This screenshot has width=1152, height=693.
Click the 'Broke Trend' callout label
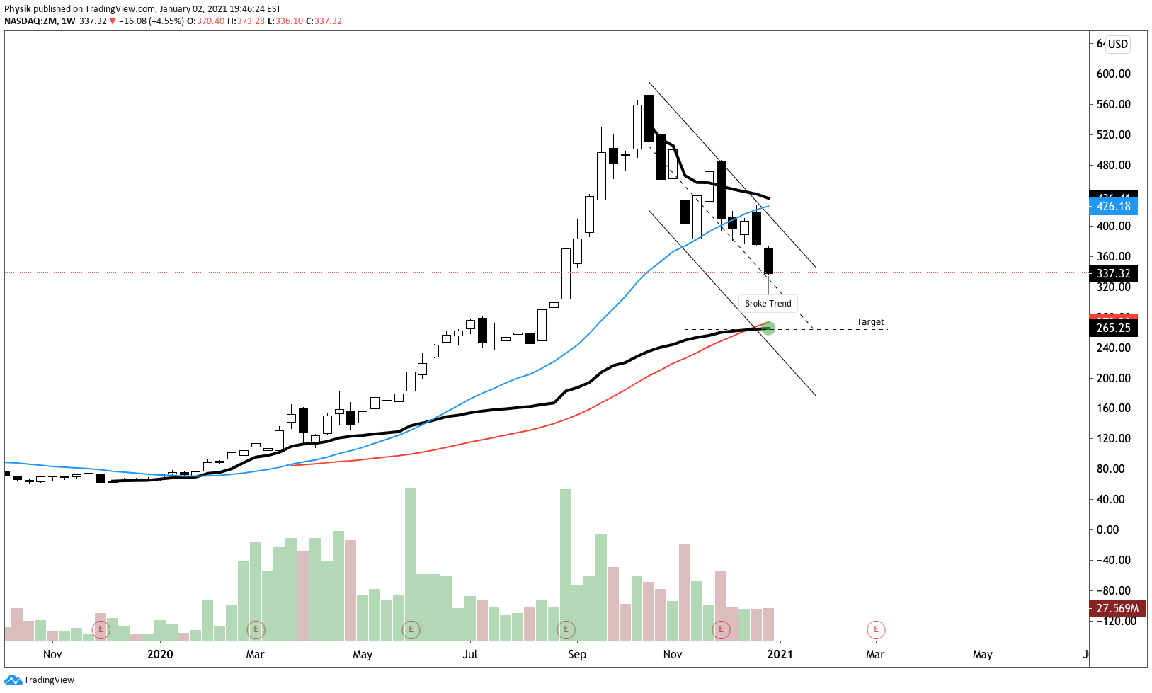[x=768, y=304]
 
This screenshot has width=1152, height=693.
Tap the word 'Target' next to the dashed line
[x=870, y=322]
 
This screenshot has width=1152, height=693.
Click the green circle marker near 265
[x=768, y=328]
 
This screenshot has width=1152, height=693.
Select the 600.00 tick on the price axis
[x=1113, y=74]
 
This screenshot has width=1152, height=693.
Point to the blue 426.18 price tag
[x=1113, y=207]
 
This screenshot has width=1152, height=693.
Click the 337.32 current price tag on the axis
[x=1113, y=273]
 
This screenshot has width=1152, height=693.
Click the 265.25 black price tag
[x=1113, y=328]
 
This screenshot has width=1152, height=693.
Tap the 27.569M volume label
[x=1117, y=608]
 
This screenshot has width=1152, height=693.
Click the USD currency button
[x=1117, y=44]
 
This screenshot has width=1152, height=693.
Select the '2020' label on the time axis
[x=160, y=654]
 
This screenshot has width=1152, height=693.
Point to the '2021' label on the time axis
[x=780, y=654]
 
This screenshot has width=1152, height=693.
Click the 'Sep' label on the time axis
[x=577, y=654]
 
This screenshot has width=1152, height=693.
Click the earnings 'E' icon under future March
[x=876, y=629]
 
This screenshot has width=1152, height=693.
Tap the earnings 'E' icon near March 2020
[x=256, y=629]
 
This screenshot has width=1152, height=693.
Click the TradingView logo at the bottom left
[x=39, y=680]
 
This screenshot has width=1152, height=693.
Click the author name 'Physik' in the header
[x=18, y=9]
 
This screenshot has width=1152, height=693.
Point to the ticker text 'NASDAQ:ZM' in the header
[x=30, y=21]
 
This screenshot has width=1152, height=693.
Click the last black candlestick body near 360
[x=768, y=260]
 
